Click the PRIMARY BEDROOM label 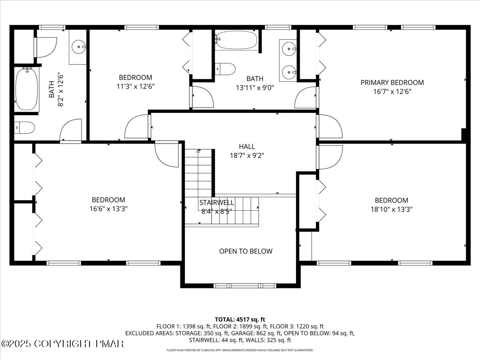(x=392, y=82)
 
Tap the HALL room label (x=247, y=147)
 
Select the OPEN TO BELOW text (x=246, y=251)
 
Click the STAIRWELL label (x=216, y=203)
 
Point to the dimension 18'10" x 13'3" (x=391, y=209)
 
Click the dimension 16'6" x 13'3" (x=108, y=208)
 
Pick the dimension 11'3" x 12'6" (x=136, y=86)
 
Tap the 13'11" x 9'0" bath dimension (x=255, y=87)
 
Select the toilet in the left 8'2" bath (x=24, y=128)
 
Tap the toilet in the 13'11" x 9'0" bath (x=225, y=69)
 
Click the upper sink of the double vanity (x=288, y=49)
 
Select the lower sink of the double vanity (x=288, y=72)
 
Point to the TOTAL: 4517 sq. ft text (x=240, y=319)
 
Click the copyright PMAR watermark (x=63, y=344)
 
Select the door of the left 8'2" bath (x=70, y=130)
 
